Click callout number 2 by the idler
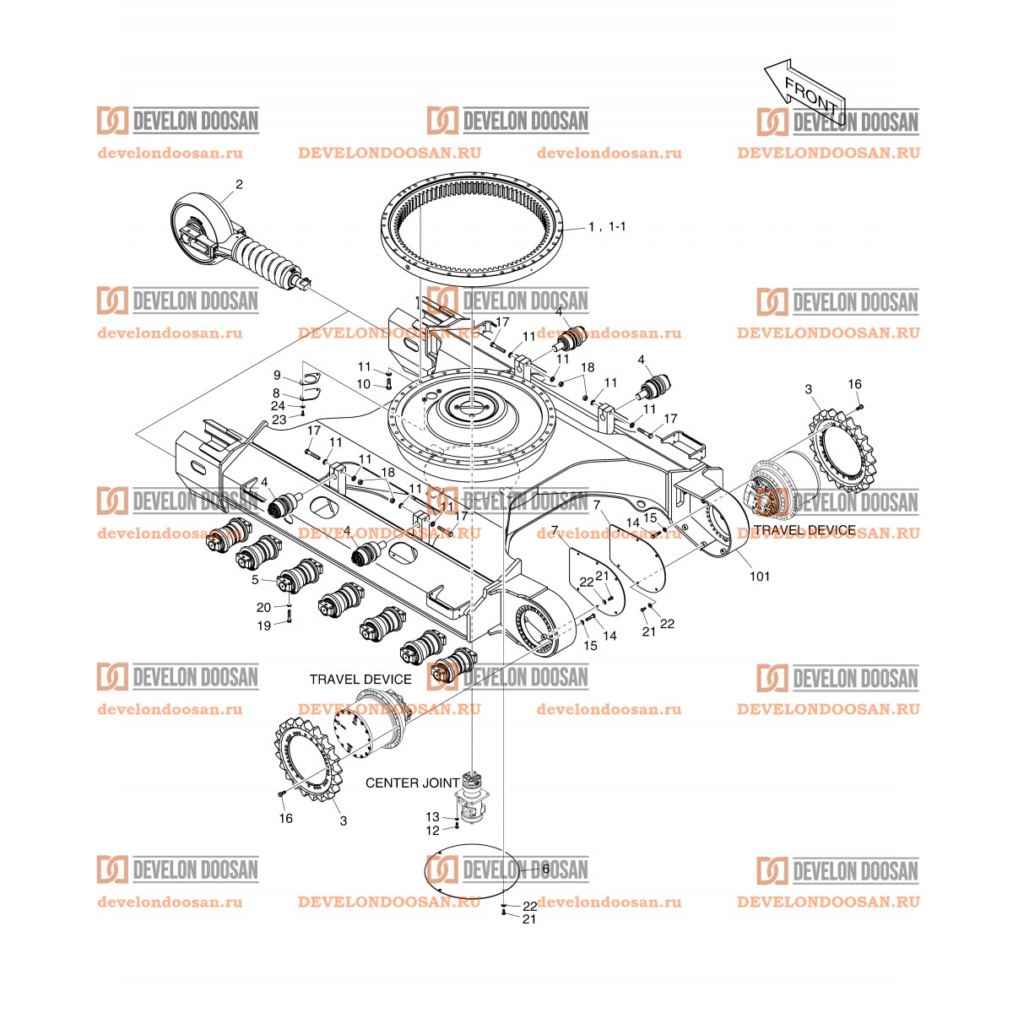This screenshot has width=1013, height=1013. tap(239, 184)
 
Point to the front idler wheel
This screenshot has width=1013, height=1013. tap(200, 226)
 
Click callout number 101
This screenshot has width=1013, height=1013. tap(760, 577)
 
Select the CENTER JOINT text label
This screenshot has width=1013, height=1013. tap(412, 783)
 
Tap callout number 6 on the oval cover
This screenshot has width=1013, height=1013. tap(545, 869)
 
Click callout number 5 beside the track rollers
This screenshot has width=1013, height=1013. tap(256, 580)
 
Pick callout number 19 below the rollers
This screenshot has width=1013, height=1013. tap(264, 626)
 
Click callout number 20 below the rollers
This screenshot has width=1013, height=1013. tap(264, 607)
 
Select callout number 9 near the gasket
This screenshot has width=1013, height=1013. tap(277, 375)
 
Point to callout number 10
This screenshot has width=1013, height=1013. tap(363, 384)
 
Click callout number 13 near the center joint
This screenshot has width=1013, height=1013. tap(432, 817)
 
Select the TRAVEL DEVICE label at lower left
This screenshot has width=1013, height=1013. tap(360, 680)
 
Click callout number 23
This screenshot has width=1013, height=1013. tap(278, 419)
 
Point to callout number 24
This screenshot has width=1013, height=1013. tap(278, 406)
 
